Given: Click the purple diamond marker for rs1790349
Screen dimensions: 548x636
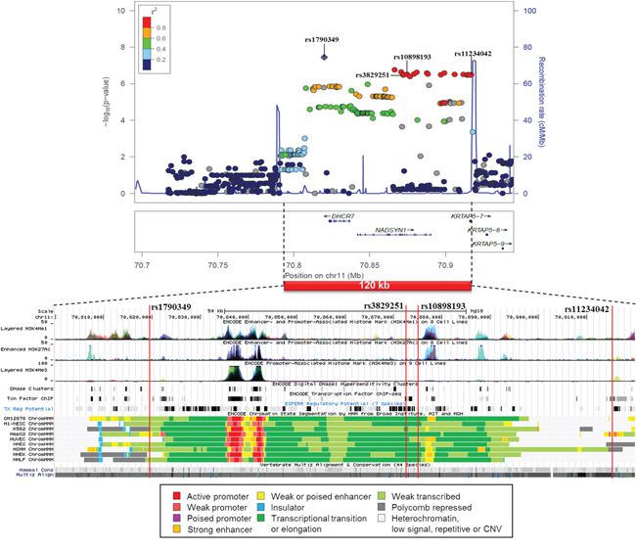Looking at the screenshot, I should tap(324, 57).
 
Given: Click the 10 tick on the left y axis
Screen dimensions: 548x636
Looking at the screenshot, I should tap(121, 11).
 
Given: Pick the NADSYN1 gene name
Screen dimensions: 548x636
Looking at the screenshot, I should tap(390, 229).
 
